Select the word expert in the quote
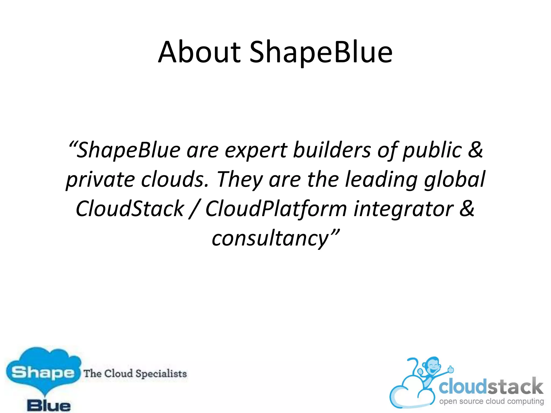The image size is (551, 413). pos(256,150)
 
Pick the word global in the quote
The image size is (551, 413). pos(455,180)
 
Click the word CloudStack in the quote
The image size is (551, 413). pos(130,209)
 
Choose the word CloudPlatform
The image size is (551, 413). pos(276,209)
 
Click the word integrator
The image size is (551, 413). pos(403,209)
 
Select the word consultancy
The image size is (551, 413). pos(270,238)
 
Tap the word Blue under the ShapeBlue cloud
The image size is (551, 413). pos(49,405)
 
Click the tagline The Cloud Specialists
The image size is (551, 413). pos(135,373)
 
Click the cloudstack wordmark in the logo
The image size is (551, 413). pos(491,386)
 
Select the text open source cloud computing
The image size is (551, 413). pos(491,401)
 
